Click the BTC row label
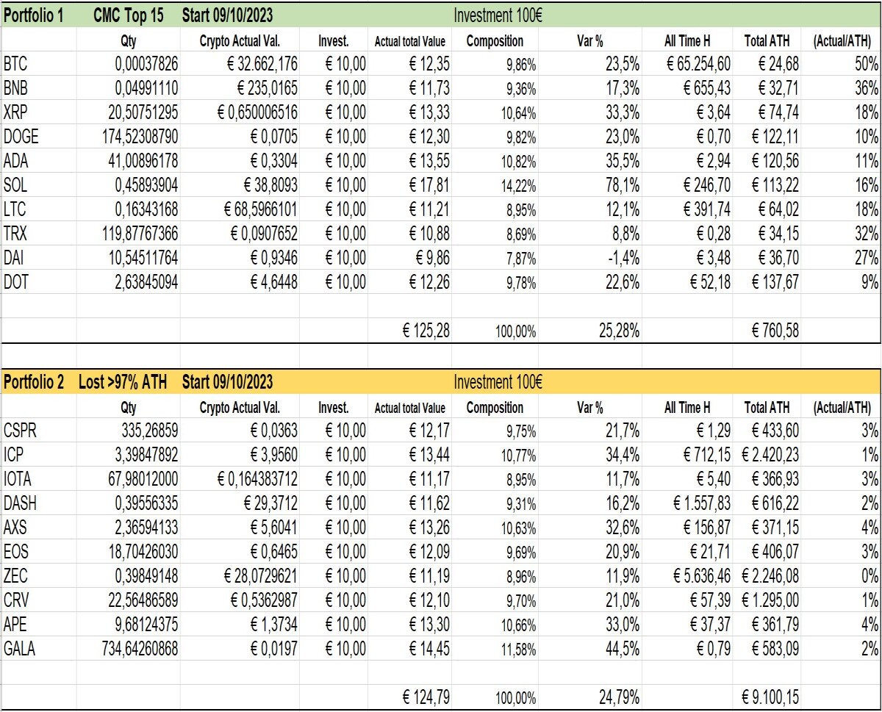tap(15, 64)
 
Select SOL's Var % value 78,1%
tap(623, 185)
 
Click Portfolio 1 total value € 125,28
tap(426, 331)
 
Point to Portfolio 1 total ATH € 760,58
tap(775, 331)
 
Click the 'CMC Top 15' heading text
tap(129, 15)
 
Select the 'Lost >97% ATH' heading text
tap(123, 381)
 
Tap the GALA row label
tap(19, 648)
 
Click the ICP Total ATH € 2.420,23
tap(770, 455)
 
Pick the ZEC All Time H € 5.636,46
tap(702, 575)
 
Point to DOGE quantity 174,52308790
tap(140, 137)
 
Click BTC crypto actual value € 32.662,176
tap(262, 64)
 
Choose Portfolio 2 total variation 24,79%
tap(619, 697)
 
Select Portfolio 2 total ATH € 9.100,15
tap(770, 697)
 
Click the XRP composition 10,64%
tap(518, 113)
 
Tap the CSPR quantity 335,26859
tap(149, 431)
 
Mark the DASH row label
tap(20, 503)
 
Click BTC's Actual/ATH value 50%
tap(867, 64)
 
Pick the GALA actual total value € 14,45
tap(429, 648)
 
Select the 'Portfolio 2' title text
tap(34, 381)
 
